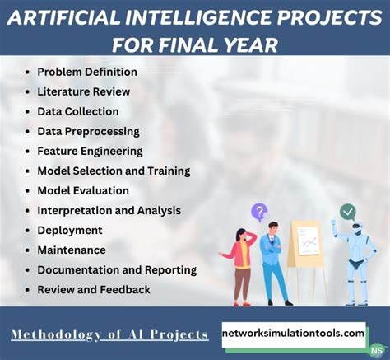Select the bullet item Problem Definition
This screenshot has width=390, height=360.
tap(87, 72)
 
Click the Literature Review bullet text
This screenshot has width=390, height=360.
tap(83, 91)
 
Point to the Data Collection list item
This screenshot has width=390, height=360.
tap(78, 111)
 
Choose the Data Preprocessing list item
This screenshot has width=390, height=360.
tap(88, 131)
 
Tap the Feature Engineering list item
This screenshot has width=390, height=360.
tap(90, 151)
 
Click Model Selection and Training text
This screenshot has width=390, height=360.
tap(114, 171)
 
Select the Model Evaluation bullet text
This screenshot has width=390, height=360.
tap(83, 190)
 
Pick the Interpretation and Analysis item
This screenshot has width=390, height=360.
tap(109, 210)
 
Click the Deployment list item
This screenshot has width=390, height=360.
tap(70, 230)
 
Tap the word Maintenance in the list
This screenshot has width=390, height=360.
tap(72, 250)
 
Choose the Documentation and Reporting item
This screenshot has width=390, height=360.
tap(117, 269)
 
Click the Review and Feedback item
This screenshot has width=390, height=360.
tap(94, 289)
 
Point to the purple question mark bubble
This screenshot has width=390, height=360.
tap(259, 213)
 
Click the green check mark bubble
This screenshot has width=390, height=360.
tap(348, 212)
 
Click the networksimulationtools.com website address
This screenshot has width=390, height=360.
tap(294, 333)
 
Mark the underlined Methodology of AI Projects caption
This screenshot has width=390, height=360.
tap(109, 334)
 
